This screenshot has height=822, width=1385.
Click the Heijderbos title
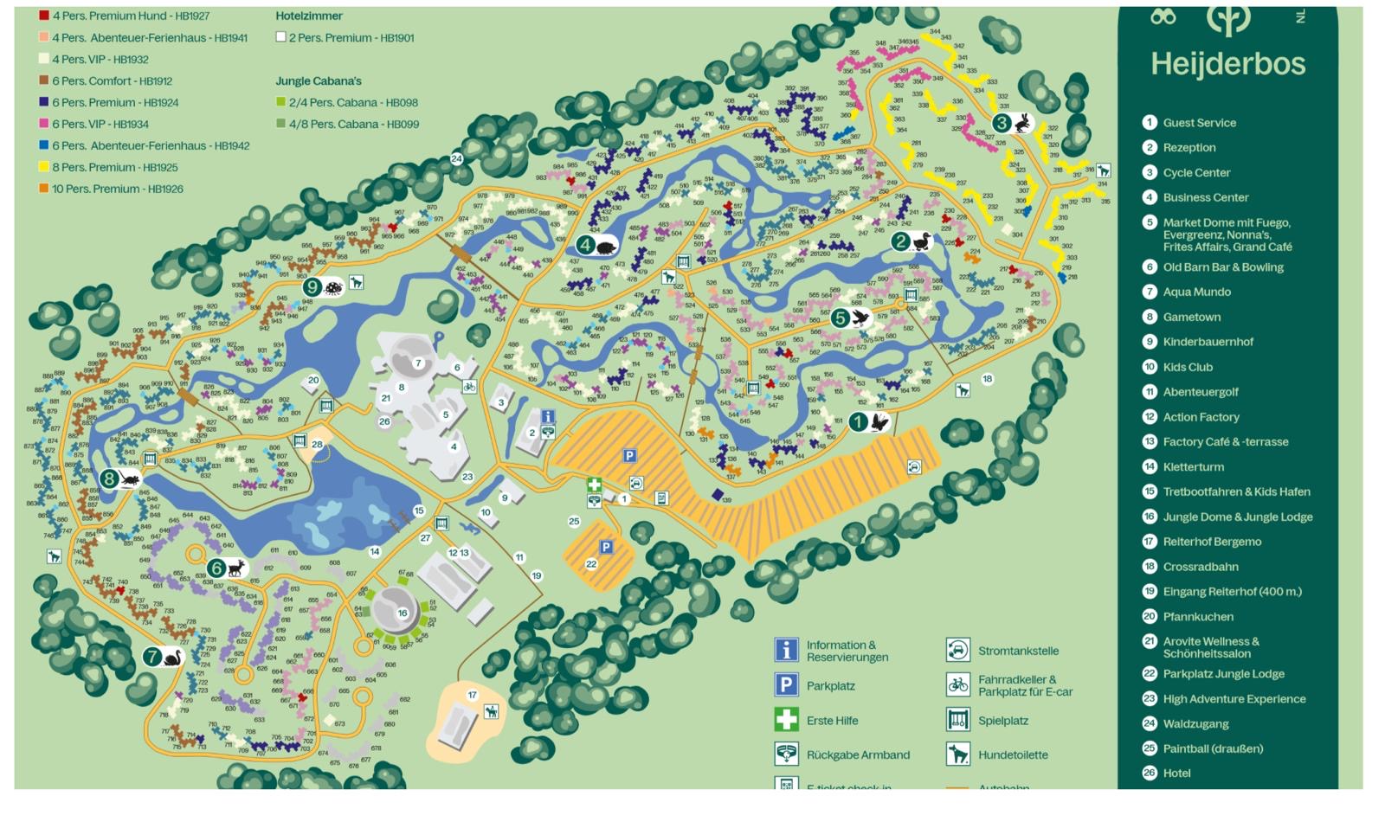coord(1227,64)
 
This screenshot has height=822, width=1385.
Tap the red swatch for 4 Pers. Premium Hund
coord(43,16)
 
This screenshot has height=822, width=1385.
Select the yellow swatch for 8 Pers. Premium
coord(43,167)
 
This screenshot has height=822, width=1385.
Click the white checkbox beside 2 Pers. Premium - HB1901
coord(280,37)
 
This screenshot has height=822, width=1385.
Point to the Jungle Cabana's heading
coord(319,80)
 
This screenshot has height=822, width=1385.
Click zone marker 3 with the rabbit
coord(1002,123)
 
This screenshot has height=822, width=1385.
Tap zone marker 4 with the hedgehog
coord(586,245)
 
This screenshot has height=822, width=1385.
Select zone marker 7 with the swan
coord(153,657)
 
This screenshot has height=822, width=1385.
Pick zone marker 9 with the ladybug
coord(312,286)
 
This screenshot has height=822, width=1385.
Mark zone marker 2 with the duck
coord(901,241)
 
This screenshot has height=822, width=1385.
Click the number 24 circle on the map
coord(456,158)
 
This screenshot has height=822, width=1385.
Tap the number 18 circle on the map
coord(987,379)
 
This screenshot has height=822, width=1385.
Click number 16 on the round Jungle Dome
coord(402,613)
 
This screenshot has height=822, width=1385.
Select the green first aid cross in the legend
coord(785,720)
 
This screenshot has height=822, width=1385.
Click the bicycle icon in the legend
coord(957,684)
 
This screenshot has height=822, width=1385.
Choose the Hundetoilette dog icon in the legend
coord(957,755)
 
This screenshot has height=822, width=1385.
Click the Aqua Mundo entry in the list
coord(1196,292)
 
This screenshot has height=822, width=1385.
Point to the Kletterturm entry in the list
coord(1193,466)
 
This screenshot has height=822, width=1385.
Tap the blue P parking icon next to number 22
coord(606,547)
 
